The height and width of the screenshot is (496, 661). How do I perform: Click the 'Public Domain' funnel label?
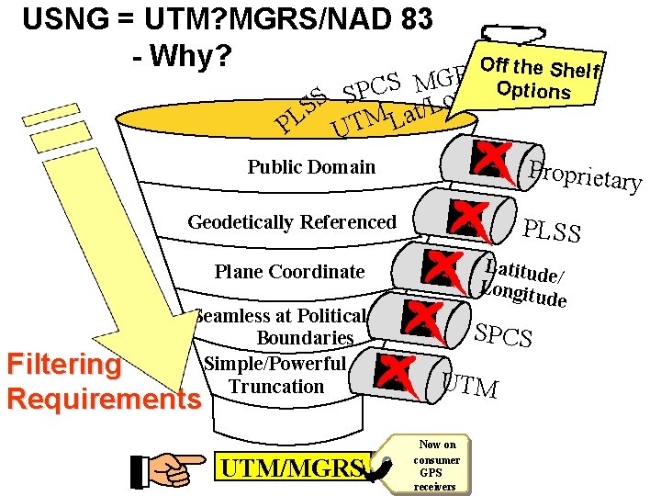[311, 167]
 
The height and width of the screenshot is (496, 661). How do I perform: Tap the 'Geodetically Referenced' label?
[292, 222]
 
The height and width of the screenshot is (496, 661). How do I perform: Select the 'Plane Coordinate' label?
[289, 272]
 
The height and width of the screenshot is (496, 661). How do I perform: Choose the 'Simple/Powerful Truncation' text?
[276, 375]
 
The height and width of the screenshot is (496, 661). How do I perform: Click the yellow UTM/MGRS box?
[291, 468]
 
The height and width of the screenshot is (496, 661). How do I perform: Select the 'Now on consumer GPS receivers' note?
[436, 465]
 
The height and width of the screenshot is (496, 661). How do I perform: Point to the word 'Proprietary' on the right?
[583, 171]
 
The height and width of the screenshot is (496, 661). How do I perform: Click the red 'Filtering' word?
[63, 365]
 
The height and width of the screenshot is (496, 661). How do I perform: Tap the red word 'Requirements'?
[102, 400]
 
